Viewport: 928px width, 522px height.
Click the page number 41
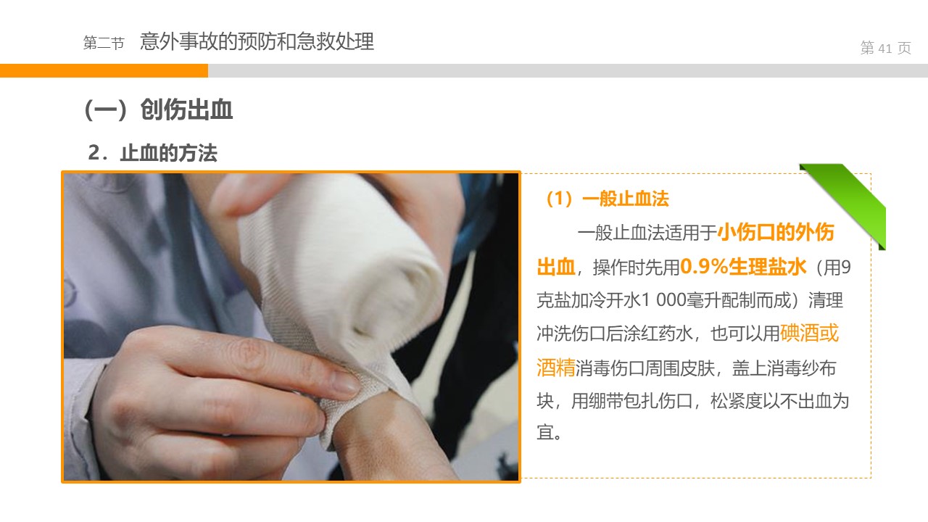pos(885,49)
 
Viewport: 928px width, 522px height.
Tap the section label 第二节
pos(104,43)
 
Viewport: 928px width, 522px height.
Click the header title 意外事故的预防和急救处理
pos(257,41)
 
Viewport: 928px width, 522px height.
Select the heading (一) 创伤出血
pos(159,109)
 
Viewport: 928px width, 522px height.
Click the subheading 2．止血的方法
pos(152,153)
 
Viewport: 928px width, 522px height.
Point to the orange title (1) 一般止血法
pos(607,199)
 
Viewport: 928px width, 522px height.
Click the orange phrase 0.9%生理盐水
pos(743,266)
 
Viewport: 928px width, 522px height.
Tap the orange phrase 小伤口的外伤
pos(776,232)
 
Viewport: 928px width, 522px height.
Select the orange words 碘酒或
pos(810,333)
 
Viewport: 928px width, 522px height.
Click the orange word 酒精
pos(556,367)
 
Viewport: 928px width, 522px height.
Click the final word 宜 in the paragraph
pos(545,432)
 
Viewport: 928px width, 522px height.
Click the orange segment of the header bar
pos(104,70)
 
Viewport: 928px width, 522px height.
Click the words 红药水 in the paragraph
pos(666,333)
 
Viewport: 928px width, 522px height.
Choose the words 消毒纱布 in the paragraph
pos(802,368)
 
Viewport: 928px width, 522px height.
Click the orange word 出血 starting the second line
pos(556,266)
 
